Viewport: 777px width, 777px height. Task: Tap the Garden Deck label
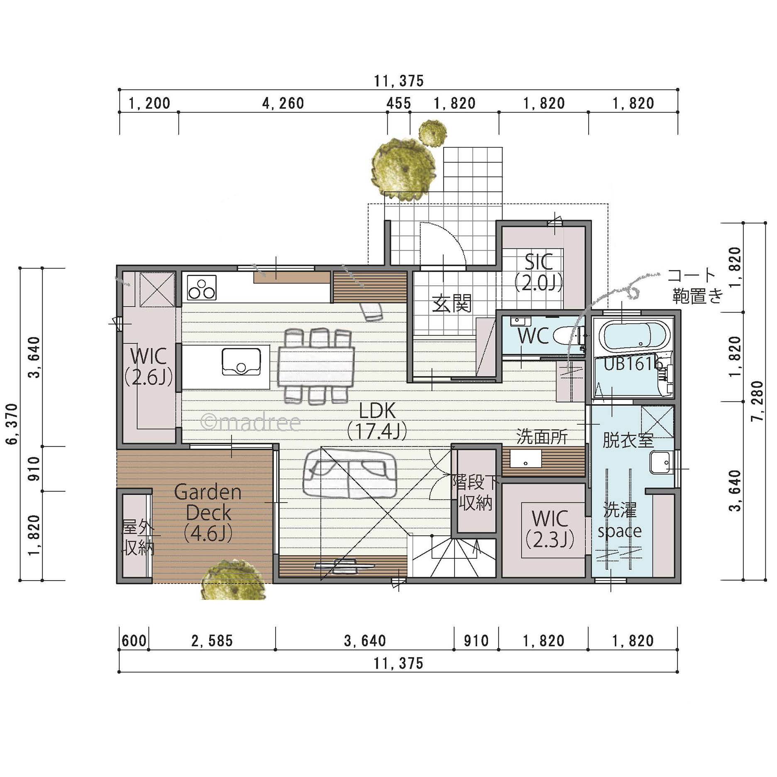pyautogui.click(x=208, y=513)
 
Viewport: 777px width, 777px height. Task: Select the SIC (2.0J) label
pyautogui.click(x=538, y=272)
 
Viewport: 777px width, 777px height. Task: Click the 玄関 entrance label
pyautogui.click(x=452, y=303)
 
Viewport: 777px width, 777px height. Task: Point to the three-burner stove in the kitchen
pyautogui.click(x=202, y=287)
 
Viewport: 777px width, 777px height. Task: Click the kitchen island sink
pyautogui.click(x=241, y=362)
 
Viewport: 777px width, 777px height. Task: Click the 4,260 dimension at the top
pyautogui.click(x=283, y=103)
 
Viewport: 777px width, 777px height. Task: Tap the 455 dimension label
pyautogui.click(x=398, y=103)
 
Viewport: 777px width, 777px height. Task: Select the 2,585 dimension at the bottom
pyautogui.click(x=212, y=641)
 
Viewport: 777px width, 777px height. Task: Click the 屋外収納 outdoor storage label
pyautogui.click(x=138, y=538)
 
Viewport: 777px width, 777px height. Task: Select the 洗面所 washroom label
pyautogui.click(x=542, y=437)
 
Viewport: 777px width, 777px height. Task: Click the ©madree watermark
pyautogui.click(x=251, y=422)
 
